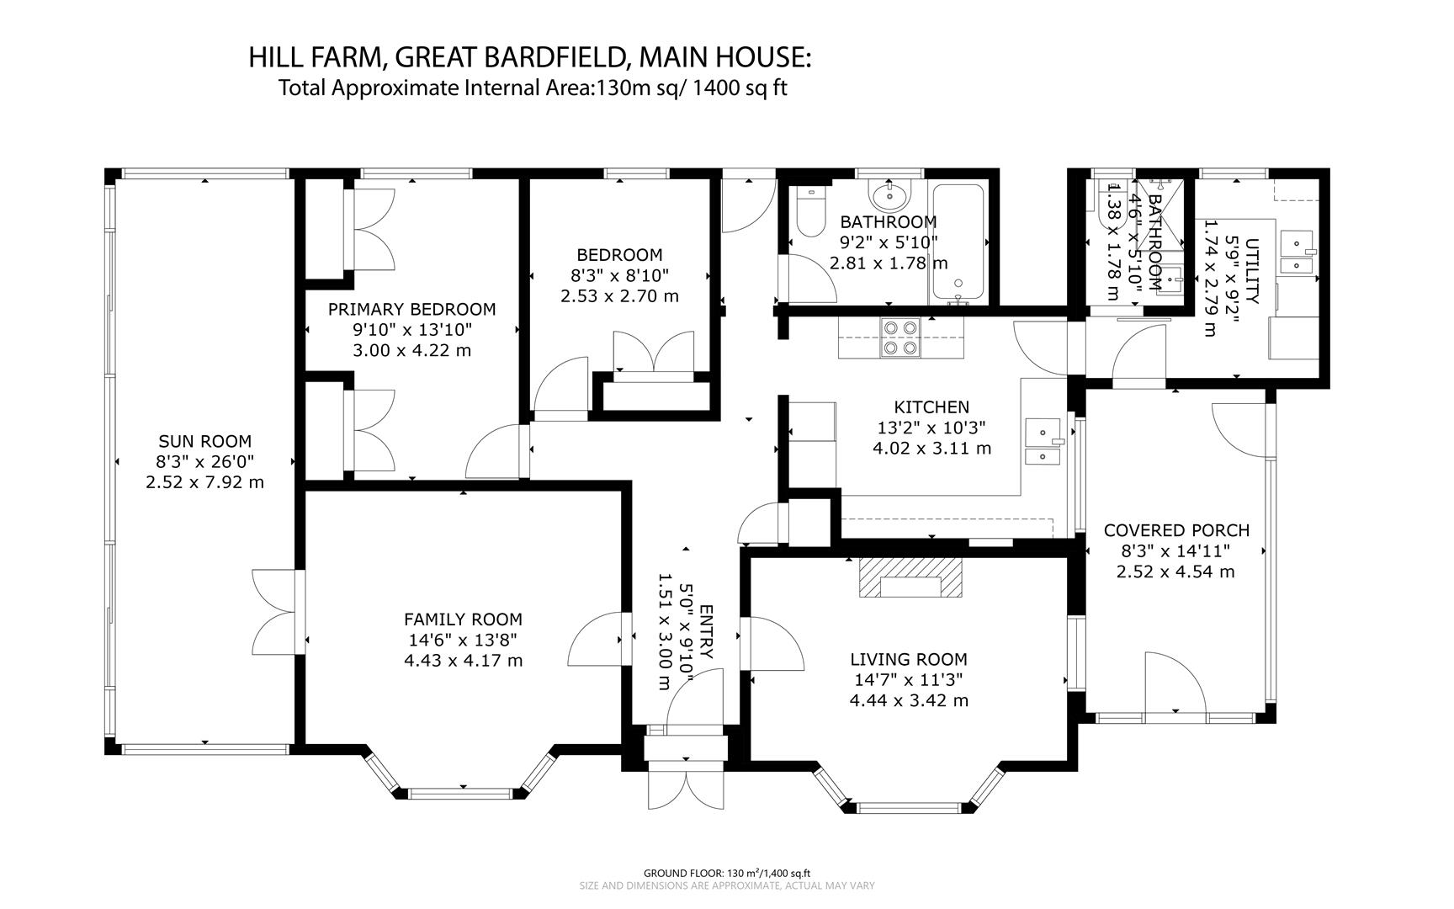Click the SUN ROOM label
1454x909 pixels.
click(x=204, y=441)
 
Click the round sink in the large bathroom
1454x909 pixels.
click(x=889, y=197)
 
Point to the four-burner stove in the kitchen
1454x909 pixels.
click(x=899, y=338)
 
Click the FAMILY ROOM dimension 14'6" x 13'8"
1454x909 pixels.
click(x=462, y=640)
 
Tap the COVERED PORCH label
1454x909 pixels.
click(x=1176, y=530)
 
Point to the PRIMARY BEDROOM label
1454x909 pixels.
click(x=411, y=309)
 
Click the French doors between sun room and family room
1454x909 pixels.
click(x=276, y=612)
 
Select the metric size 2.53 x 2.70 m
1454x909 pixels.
click(x=619, y=296)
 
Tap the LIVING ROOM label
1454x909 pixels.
click(x=908, y=660)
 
